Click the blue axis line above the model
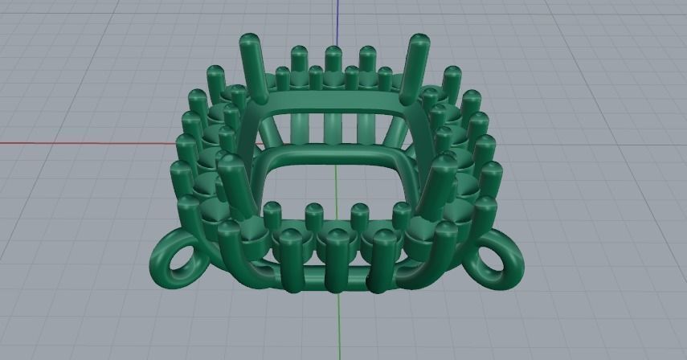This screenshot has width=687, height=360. click(338, 20)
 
